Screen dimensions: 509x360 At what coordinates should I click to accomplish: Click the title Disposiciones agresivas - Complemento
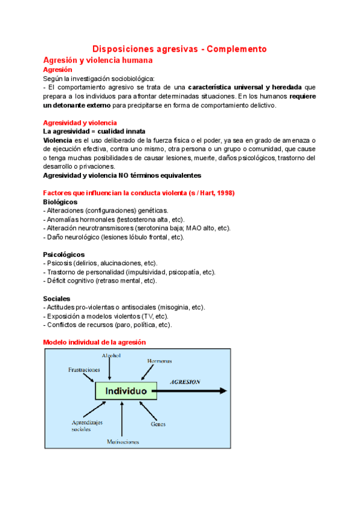179,49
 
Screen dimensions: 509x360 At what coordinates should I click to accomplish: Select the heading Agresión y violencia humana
98,60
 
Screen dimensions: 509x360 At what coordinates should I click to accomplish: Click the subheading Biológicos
60,202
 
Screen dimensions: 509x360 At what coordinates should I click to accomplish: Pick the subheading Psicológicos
64,254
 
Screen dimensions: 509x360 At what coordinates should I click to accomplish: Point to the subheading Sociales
57,298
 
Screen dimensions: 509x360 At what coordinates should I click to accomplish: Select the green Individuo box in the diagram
127,391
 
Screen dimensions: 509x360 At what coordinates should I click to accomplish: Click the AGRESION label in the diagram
185,382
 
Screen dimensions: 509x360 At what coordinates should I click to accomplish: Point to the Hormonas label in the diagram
159,361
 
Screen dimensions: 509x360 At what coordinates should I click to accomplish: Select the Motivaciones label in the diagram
123,442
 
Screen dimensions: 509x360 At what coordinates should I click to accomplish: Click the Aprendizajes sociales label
88,426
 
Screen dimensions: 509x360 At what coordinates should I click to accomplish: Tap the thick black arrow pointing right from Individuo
192,391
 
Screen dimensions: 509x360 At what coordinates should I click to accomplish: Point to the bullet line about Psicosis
100,264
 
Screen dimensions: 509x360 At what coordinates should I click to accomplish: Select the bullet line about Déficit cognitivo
100,281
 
